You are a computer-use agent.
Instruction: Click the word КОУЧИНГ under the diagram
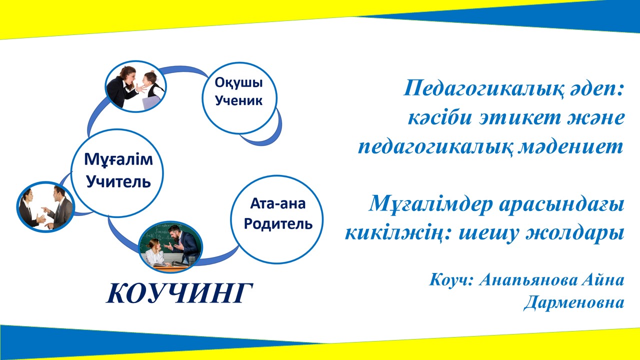point(179,293)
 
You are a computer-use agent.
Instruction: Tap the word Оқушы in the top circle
point(238,83)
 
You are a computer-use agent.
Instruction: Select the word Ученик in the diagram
point(238,100)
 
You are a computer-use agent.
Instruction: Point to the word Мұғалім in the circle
point(118,159)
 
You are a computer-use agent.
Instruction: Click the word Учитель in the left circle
point(118,181)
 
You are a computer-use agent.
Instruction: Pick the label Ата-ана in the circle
point(277,203)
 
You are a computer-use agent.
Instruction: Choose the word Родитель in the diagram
point(278,223)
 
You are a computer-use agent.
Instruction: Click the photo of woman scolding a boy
point(136,86)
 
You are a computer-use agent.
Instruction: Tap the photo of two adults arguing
point(45,207)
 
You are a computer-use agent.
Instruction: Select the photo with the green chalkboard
point(170,247)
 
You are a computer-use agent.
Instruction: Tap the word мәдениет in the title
point(570,147)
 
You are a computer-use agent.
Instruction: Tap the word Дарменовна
point(573,303)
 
